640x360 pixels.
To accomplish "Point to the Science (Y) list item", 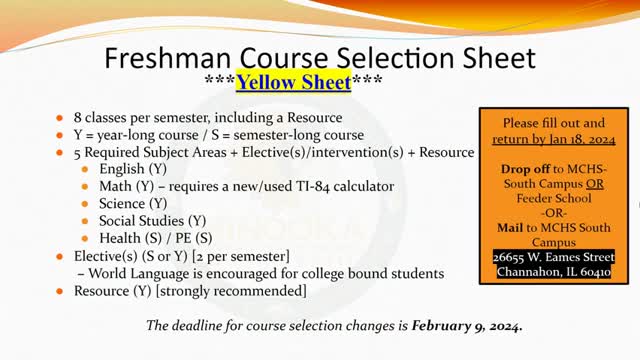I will [x=134, y=203].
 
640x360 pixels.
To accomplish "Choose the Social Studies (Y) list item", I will [x=153, y=220].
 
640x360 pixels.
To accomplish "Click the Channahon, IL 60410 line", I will [x=552, y=272].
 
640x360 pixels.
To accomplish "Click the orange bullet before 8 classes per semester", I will [x=63, y=117].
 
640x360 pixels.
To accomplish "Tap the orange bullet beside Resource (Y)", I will [x=63, y=291].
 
